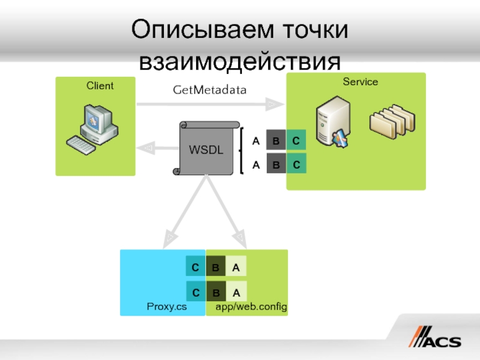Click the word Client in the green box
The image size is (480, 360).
click(x=100, y=86)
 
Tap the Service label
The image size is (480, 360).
click(x=360, y=82)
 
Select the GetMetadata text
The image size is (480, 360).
click(x=209, y=90)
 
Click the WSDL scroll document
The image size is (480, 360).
click(x=206, y=148)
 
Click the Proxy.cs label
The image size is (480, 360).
click(x=167, y=307)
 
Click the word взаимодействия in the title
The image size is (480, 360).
click(x=240, y=62)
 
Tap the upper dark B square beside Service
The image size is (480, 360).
click(x=276, y=142)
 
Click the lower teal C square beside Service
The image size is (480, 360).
click(x=296, y=164)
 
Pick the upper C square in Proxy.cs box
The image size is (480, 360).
click(x=196, y=268)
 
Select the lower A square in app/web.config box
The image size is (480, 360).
click(x=236, y=293)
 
